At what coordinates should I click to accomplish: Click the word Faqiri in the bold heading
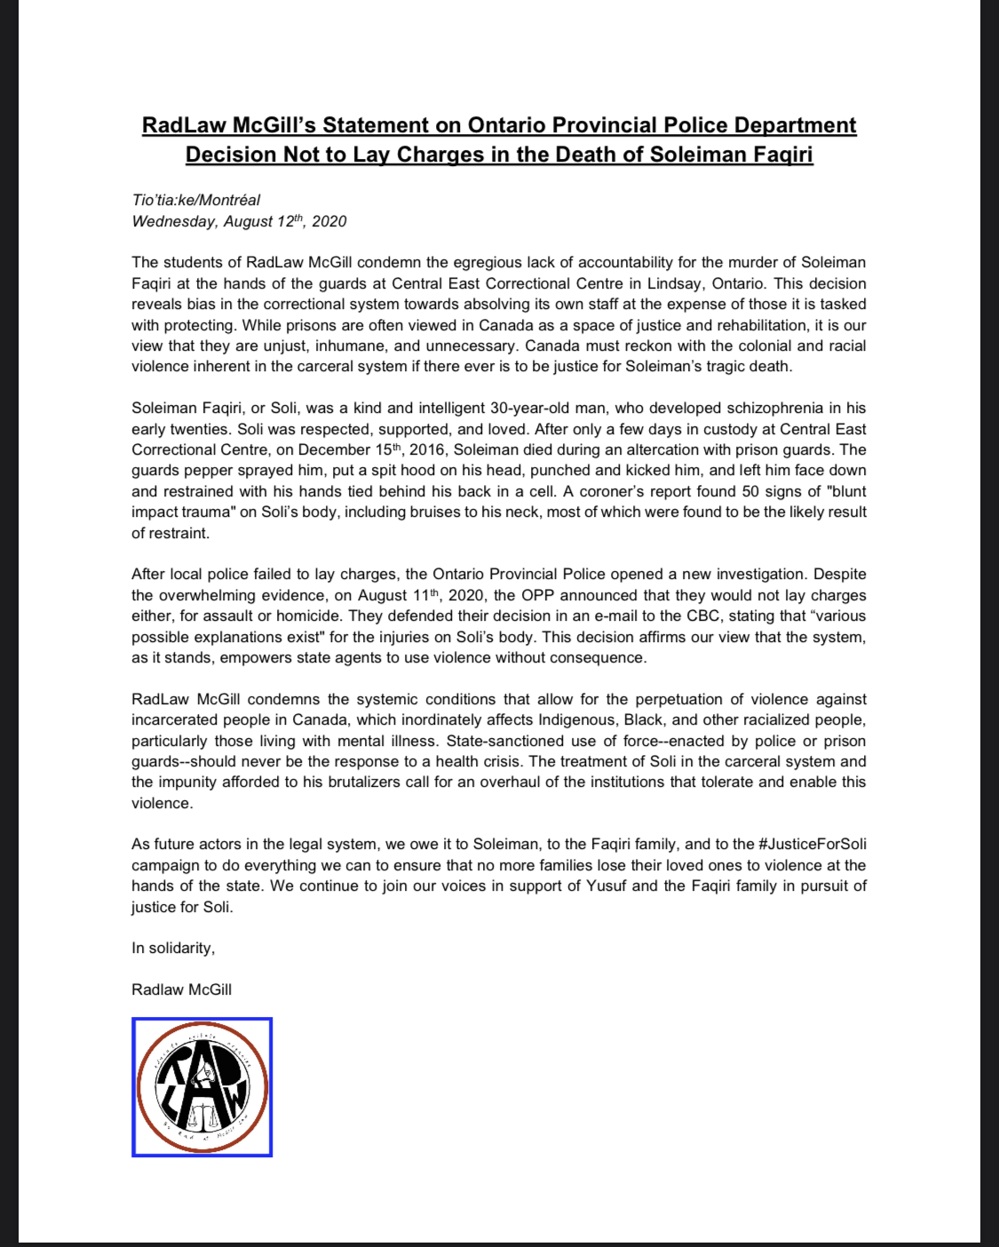click(x=775, y=155)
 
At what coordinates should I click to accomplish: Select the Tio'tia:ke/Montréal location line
click(x=196, y=200)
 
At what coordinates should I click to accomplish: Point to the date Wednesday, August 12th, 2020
click(x=239, y=221)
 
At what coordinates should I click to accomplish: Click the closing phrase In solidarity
click(x=173, y=948)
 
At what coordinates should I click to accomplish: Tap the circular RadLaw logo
click(x=202, y=1087)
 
